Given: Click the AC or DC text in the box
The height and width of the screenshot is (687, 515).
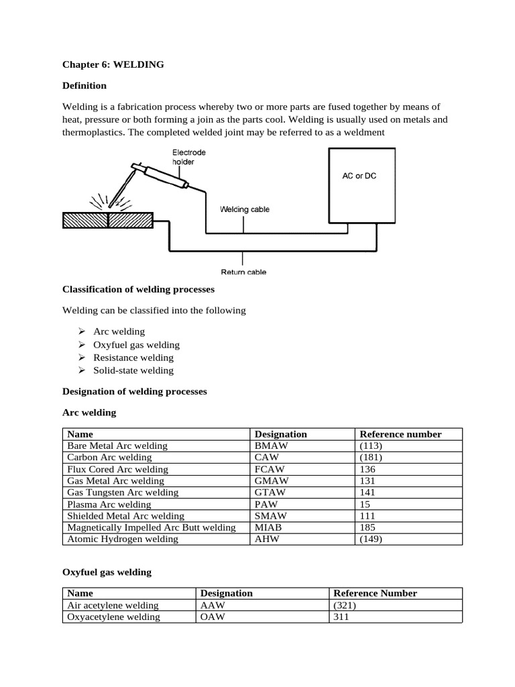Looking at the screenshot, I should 359,176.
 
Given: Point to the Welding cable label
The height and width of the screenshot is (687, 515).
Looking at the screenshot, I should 245,209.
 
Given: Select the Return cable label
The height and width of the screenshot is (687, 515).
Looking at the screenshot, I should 243,272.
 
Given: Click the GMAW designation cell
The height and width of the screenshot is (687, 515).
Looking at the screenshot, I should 271,481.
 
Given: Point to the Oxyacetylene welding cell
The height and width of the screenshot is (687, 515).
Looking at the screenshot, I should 114,617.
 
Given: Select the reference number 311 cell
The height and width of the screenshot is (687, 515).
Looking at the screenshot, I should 341,617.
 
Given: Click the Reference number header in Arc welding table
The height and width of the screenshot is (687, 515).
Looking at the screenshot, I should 400,434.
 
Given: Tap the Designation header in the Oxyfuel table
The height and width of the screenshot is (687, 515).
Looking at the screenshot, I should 227,593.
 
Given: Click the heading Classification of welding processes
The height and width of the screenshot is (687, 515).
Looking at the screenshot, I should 138,289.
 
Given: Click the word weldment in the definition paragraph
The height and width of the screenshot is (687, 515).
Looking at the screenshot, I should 363,132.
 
